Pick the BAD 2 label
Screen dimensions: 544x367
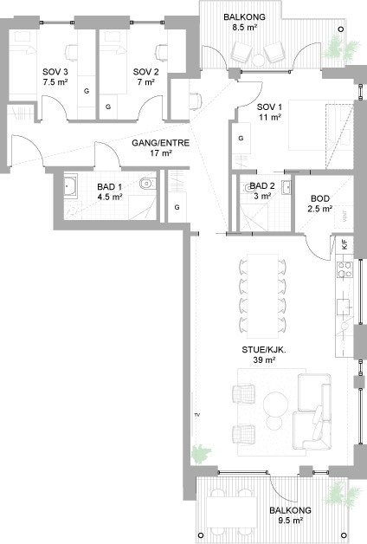261,185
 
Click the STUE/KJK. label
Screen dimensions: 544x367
261,350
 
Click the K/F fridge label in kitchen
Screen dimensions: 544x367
344,245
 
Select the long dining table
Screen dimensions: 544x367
262,294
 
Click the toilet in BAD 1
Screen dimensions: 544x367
148,184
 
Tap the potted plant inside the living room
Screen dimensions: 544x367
202,452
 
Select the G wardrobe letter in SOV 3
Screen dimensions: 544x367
86,89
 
